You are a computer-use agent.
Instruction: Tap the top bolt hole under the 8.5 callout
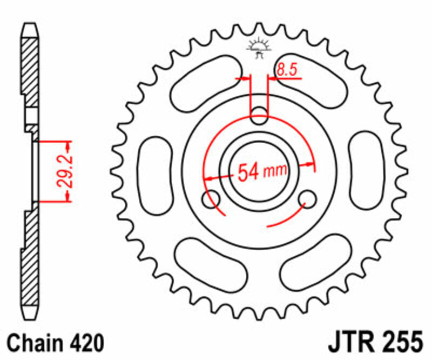coord(259,114)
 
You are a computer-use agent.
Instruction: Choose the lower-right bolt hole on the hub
coord(309,199)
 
